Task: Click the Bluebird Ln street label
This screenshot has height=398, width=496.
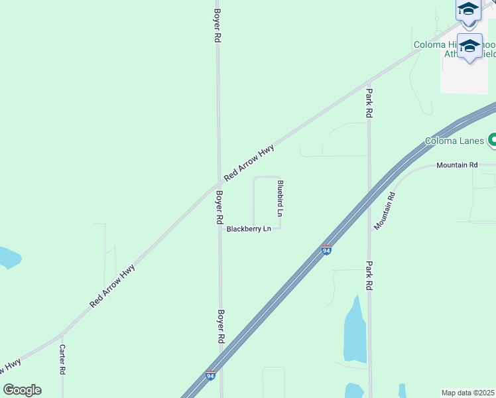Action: (x=280, y=199)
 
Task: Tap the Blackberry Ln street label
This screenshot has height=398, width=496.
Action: (x=249, y=229)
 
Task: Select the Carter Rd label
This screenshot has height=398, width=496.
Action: (x=62, y=360)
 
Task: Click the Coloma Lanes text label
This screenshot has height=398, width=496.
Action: (x=455, y=141)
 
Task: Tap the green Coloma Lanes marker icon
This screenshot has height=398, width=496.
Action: (x=493, y=140)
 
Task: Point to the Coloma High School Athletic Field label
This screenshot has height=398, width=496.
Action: (x=454, y=49)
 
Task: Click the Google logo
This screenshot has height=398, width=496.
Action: (x=22, y=390)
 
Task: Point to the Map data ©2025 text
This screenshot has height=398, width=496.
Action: (x=468, y=393)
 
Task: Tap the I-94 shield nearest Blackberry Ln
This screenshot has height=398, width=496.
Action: (x=326, y=250)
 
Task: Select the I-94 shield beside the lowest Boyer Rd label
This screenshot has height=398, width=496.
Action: (x=210, y=376)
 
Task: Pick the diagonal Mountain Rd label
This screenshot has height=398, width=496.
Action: (x=385, y=211)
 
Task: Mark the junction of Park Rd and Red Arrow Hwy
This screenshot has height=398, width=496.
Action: (x=369, y=84)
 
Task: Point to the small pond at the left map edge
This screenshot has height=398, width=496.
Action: (x=8, y=257)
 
